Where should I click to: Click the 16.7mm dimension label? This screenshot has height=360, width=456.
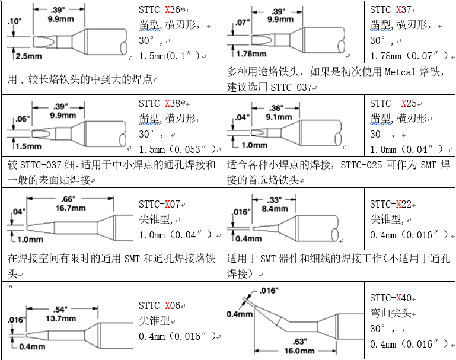pyautogui.click(x=71, y=208)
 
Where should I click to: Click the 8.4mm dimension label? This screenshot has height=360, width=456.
pyautogui.click(x=275, y=209)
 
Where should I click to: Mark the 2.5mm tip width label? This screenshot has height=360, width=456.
pyautogui.click(x=28, y=56)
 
